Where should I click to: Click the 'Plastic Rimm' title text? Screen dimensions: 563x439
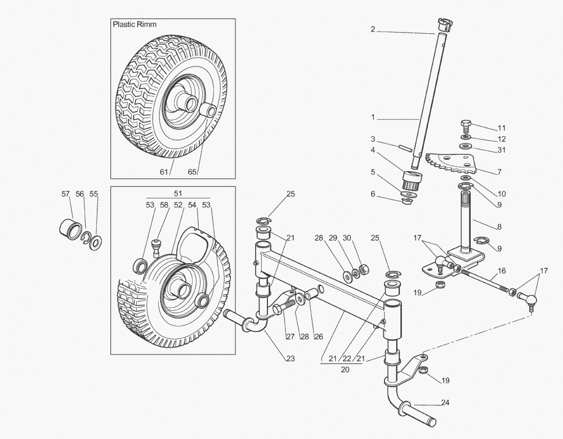135,25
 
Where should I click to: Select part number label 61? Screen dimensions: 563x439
164,172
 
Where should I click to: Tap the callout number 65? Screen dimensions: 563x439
193,172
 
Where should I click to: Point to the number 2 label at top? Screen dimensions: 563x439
373,30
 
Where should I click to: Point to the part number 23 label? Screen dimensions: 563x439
291,358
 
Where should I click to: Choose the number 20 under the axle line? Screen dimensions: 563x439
345,370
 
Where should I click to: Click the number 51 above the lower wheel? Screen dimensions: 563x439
178,193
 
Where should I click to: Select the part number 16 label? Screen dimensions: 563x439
502,271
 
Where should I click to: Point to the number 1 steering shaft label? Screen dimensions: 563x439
373,118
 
